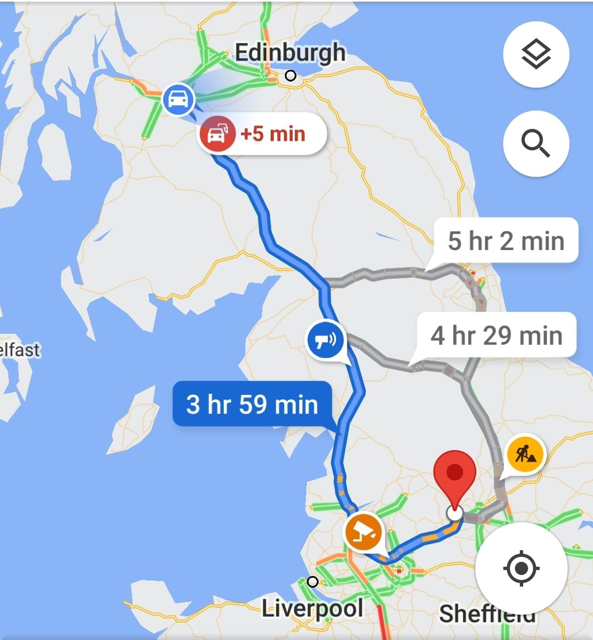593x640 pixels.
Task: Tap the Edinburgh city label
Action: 290,53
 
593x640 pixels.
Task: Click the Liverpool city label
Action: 312,609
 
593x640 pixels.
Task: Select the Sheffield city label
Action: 487,614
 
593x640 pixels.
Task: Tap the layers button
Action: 536,55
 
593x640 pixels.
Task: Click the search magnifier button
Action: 536,143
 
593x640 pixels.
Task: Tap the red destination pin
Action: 454,476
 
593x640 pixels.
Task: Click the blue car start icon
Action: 178,100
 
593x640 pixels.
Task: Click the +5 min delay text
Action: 273,134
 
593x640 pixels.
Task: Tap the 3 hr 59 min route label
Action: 252,404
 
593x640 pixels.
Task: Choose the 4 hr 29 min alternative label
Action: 496,335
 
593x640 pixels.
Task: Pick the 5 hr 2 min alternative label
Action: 506,241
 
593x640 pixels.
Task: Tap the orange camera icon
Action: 363,533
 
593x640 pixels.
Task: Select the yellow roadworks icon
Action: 524,455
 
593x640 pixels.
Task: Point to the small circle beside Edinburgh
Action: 291,76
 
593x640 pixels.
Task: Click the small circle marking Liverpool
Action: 312,582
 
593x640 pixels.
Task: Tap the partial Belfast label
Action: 20,350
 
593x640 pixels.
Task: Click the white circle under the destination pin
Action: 455,513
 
